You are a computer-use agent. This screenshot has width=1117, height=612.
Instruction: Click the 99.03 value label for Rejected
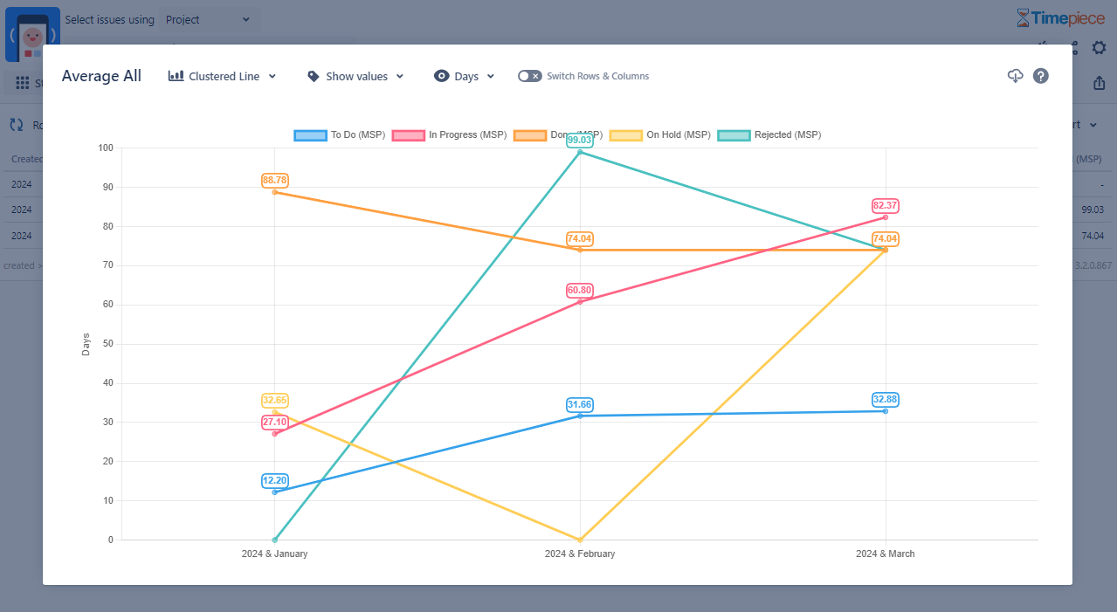pos(580,140)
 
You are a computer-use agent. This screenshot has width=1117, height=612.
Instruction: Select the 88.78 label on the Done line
pos(274,181)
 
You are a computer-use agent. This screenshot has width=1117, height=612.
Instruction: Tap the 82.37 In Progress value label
pos(886,206)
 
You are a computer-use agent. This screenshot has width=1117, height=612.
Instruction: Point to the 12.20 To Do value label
pos(274,481)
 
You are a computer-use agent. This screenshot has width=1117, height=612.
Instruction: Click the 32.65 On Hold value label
pos(274,401)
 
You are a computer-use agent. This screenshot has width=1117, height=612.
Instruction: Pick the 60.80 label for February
pos(580,290)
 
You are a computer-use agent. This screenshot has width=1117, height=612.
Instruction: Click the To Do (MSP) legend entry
pos(340,135)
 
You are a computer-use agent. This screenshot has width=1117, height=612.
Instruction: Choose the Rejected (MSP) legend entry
pos(769,135)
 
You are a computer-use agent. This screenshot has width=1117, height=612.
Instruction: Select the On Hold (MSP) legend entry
pos(660,135)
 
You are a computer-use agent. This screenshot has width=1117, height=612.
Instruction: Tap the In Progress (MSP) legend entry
pos(449,135)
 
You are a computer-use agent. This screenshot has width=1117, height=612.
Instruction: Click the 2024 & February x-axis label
pos(580,554)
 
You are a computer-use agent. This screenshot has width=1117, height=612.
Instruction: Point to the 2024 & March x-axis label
pos(886,554)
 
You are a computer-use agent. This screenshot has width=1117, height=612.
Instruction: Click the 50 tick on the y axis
pos(110,344)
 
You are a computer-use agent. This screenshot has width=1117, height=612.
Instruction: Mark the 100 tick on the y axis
pos(106,148)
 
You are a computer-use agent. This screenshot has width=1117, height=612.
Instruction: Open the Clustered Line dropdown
pos(223,77)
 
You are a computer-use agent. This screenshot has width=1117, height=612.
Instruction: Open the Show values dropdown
pos(356,77)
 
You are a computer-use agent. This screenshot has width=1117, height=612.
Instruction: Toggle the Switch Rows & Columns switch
pos(529,76)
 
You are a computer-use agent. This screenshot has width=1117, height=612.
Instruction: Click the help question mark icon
pos(1040,76)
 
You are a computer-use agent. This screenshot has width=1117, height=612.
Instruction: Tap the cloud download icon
pos(1015,76)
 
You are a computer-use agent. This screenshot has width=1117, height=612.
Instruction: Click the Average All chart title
pos(101,77)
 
